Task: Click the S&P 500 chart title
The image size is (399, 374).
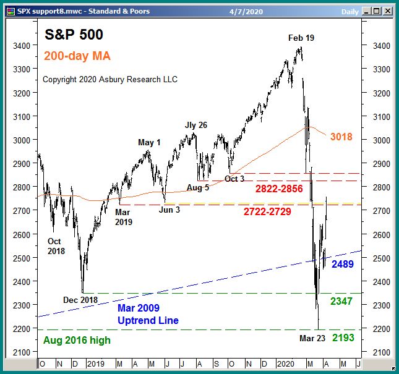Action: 74,35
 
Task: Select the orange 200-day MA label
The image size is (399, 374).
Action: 77,56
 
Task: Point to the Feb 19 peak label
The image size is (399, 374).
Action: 301,38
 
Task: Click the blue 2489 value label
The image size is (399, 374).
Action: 343,264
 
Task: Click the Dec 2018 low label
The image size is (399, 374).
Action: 81,300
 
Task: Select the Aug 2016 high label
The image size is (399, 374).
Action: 77,340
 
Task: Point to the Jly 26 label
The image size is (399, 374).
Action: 195,125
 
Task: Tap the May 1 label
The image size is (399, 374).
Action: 149,142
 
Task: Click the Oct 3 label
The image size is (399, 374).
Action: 235,179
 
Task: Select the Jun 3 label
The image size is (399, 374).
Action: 170,209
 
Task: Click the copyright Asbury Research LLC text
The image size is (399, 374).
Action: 109,79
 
